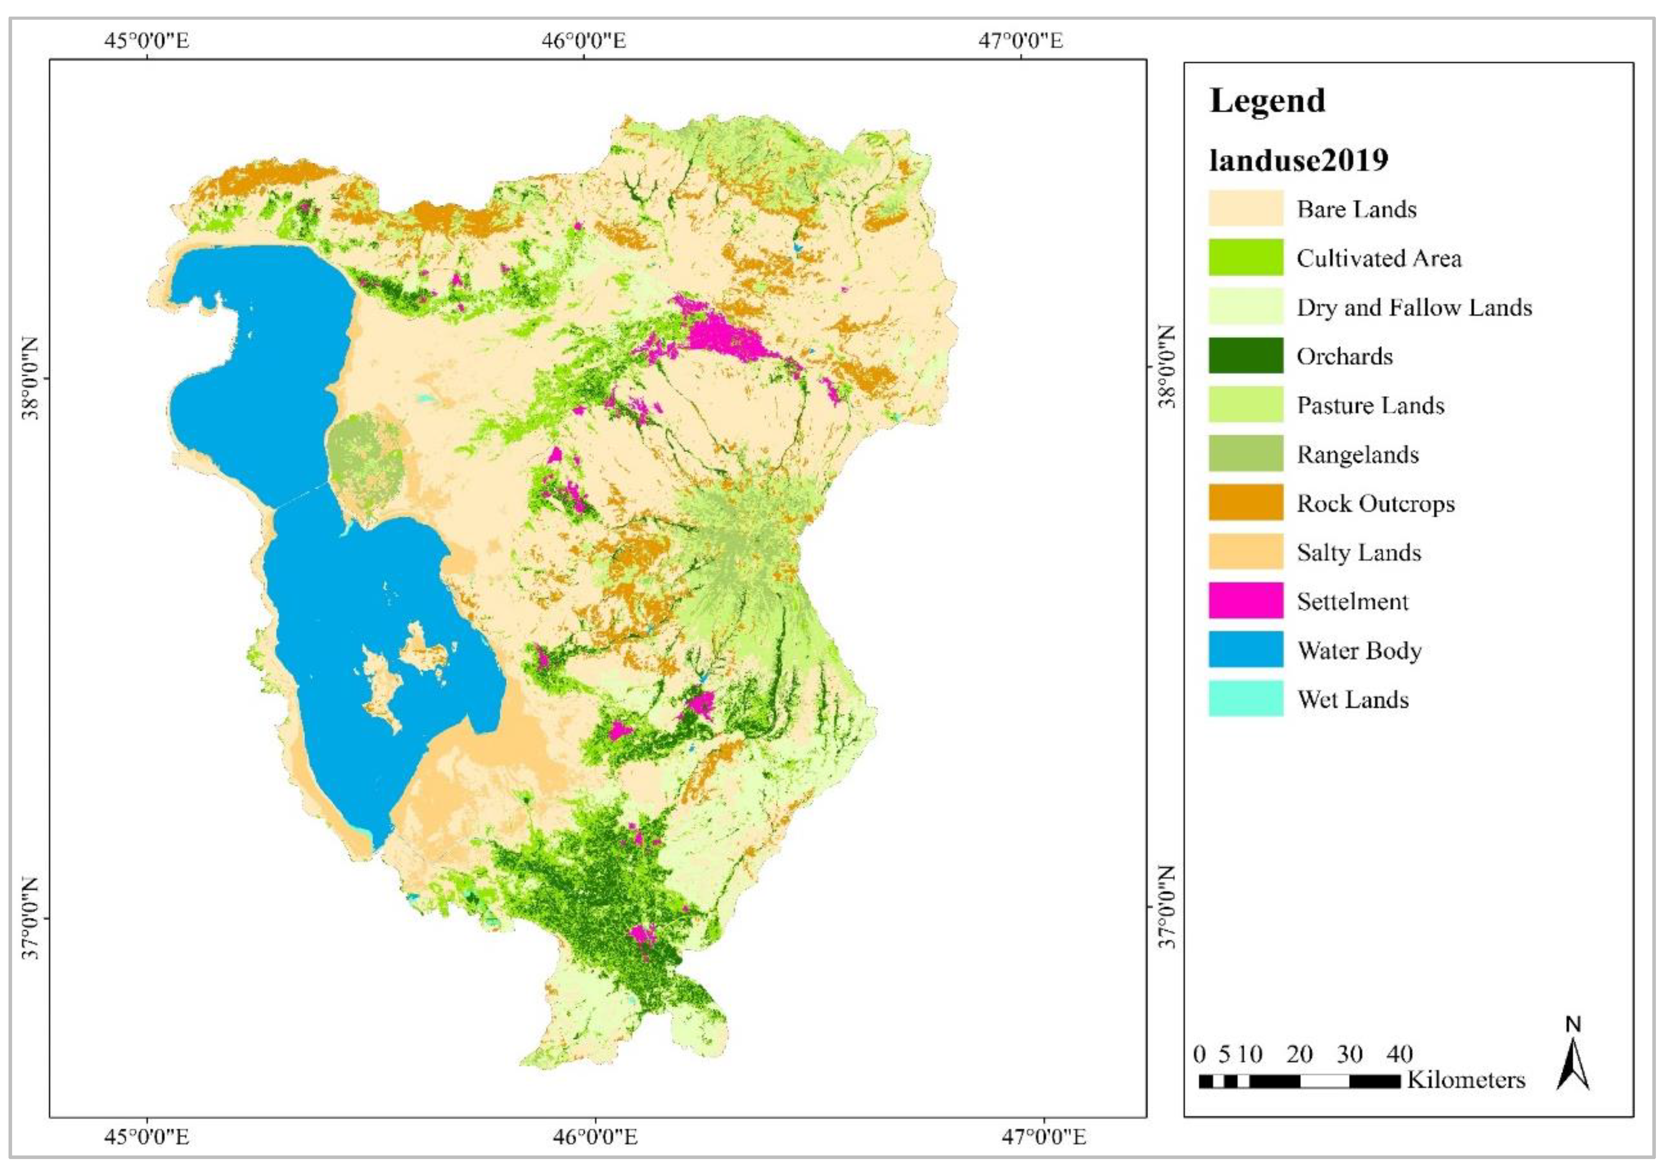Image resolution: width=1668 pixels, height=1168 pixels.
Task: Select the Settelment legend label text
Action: tap(1352, 601)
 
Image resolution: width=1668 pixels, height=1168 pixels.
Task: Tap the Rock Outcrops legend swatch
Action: tap(1245, 503)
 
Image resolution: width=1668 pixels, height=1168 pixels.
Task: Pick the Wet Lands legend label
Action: tap(1352, 699)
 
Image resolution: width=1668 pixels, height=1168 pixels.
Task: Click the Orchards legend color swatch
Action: tap(1245, 355)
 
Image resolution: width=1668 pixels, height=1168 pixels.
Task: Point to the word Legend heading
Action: tap(1267, 100)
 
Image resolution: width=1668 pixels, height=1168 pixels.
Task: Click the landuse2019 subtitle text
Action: tap(1298, 160)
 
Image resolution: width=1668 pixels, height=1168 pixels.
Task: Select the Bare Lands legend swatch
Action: tap(1245, 208)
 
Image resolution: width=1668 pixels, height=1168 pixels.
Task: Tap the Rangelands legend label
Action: tap(1357, 455)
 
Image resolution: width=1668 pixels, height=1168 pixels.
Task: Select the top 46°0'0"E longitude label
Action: tap(583, 40)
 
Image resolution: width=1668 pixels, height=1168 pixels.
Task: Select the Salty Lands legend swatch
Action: tap(1245, 552)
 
